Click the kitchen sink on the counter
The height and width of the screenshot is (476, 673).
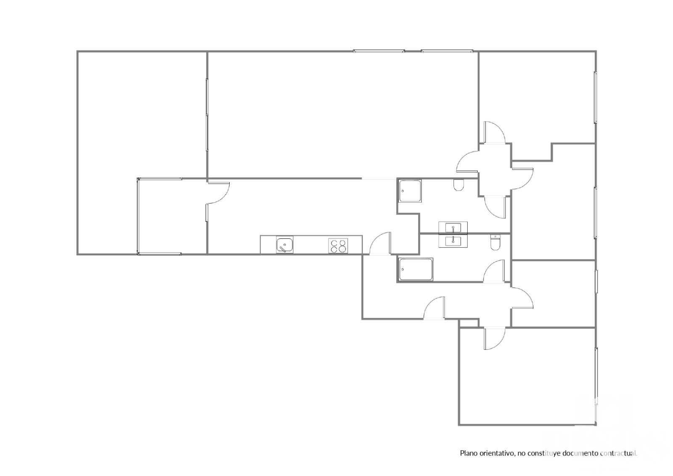(284, 245)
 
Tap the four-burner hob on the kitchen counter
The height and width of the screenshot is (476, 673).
(338, 246)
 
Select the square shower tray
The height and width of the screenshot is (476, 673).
(410, 191)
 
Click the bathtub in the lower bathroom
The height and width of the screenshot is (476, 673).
(416, 270)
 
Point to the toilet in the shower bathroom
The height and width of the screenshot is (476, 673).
(458, 185)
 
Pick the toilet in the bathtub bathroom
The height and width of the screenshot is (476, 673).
(494, 243)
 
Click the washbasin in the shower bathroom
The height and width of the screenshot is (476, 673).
(453, 227)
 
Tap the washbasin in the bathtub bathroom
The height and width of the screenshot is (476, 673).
(453, 241)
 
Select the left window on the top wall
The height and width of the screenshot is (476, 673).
(379, 51)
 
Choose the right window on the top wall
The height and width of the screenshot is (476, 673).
(447, 51)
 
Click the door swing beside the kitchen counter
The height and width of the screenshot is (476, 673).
(380, 243)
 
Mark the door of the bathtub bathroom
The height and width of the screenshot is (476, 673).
(494, 271)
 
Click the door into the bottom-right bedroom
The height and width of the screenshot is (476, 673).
(495, 338)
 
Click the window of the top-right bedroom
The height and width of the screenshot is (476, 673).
(596, 98)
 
